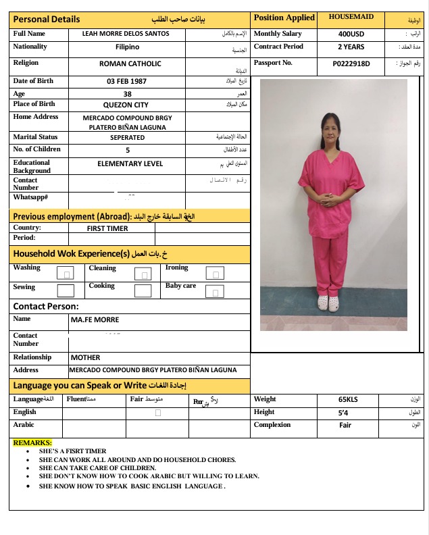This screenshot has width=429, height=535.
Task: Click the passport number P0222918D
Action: tap(351, 63)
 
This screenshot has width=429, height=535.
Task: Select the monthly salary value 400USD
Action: tap(351, 33)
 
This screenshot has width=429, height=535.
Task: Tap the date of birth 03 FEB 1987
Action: tap(126, 81)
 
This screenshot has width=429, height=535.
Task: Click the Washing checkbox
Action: tap(66, 274)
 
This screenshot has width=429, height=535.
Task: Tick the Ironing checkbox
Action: tap(216, 274)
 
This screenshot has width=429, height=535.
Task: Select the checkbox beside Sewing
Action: tap(66, 291)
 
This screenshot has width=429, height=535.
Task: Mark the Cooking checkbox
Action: tap(143, 291)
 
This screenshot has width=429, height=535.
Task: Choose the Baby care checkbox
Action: tap(216, 292)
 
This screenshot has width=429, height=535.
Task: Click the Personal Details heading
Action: tap(47, 19)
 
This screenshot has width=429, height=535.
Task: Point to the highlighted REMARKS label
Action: tap(32, 442)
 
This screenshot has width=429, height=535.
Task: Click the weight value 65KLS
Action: tap(348, 399)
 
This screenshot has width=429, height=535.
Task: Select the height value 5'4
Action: tap(343, 412)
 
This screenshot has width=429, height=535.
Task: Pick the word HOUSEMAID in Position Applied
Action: tap(351, 17)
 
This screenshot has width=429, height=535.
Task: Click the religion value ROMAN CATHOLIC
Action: tap(130, 63)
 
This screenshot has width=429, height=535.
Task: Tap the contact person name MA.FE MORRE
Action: tap(95, 320)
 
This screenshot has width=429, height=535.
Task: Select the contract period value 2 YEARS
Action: tap(351, 47)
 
